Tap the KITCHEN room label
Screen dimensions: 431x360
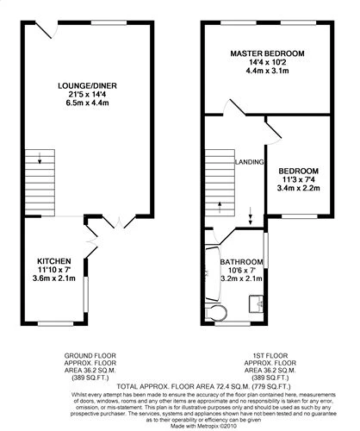tap(53, 260)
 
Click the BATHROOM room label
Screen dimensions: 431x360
tap(240, 260)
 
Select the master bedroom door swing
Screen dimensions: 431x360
tap(234, 110)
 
